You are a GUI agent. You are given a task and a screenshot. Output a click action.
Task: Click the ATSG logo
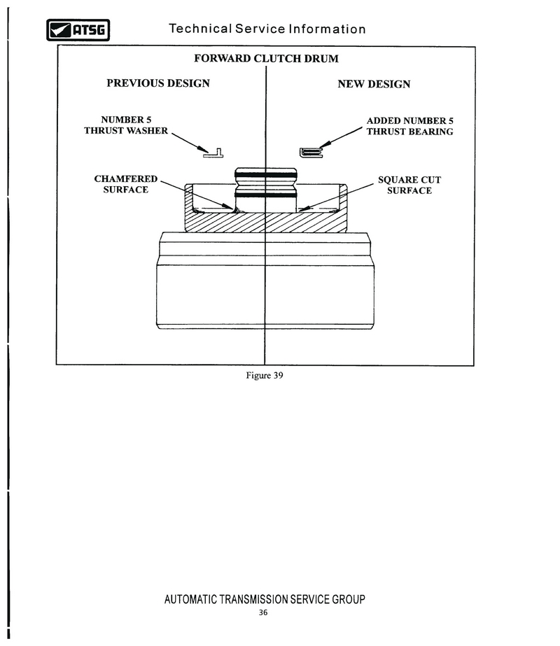[x=78, y=30]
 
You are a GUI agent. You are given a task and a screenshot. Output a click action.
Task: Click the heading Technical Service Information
[x=267, y=29]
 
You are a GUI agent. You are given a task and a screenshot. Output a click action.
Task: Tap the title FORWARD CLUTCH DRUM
[x=266, y=59]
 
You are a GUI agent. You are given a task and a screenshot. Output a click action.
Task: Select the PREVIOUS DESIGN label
[x=158, y=83]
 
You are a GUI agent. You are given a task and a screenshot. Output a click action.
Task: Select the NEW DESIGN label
[x=374, y=84]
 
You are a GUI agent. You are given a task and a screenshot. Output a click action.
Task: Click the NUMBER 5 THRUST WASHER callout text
[x=126, y=125]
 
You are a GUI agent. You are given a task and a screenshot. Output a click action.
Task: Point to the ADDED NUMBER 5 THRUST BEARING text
[x=410, y=126]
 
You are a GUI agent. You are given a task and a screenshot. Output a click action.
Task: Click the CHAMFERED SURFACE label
[x=126, y=184]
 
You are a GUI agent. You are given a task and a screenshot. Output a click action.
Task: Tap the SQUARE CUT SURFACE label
[x=409, y=185]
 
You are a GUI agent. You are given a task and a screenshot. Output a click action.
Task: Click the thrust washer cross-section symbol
[x=213, y=154]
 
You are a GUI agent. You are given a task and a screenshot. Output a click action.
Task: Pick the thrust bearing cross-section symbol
[x=311, y=153]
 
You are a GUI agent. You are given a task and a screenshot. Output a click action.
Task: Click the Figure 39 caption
[x=265, y=375]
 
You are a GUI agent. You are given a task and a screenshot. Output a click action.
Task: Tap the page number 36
[x=263, y=612]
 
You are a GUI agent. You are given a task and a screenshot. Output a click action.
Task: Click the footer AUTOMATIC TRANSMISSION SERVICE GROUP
[x=265, y=599]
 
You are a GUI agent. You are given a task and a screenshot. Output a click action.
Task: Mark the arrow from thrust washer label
[x=190, y=143]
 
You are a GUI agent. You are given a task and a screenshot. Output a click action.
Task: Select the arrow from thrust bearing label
[x=341, y=138]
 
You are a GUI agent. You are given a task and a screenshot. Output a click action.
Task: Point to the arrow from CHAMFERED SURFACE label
[x=197, y=195]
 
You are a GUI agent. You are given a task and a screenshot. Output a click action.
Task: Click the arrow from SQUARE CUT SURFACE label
[x=336, y=197]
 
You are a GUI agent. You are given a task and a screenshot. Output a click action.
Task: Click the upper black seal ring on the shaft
[x=266, y=175]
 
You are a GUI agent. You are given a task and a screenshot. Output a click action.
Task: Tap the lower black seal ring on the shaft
[x=266, y=195]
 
